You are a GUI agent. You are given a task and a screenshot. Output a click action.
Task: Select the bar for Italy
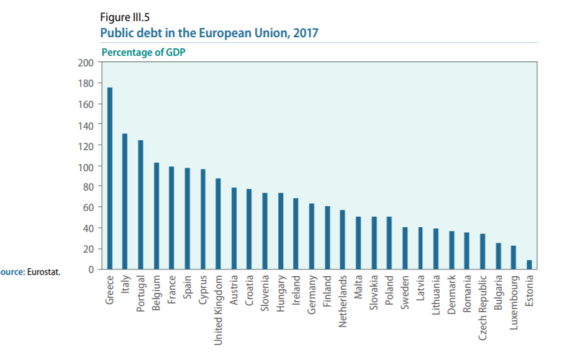point(125,202)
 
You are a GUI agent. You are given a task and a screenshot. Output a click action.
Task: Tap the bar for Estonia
point(529,265)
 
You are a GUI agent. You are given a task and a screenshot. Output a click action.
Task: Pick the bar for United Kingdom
point(218,224)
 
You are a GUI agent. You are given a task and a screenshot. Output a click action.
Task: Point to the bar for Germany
point(311,236)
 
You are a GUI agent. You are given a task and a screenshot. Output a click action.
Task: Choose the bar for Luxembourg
point(514,258)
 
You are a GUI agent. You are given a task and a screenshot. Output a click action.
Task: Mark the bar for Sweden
point(405,248)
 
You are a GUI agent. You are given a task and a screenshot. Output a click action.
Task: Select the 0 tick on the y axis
point(91,269)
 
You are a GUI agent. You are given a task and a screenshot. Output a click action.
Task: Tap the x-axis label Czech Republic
point(483,307)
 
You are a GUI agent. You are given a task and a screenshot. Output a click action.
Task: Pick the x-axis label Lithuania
point(436,297)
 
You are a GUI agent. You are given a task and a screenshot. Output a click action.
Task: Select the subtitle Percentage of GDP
point(143,52)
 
